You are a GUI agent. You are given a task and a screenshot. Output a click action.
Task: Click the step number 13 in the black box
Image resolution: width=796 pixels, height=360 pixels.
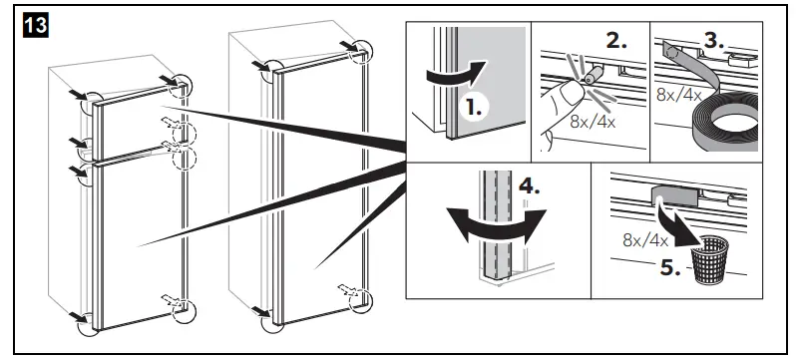pos(35,25)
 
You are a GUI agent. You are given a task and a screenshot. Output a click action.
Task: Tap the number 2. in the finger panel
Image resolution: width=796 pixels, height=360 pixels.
pos(615,41)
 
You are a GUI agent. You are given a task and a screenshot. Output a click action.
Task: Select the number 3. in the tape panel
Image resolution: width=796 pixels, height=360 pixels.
pos(713,40)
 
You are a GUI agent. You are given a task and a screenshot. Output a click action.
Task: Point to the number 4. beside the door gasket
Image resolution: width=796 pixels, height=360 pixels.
pos(529,187)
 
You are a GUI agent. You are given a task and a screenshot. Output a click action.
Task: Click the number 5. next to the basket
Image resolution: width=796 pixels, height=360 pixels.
pos(670,267)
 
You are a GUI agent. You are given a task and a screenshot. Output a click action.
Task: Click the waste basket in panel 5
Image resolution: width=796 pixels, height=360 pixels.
pos(710,259)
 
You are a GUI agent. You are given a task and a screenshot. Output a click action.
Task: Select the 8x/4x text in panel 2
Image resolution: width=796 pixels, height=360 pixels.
pos(593,123)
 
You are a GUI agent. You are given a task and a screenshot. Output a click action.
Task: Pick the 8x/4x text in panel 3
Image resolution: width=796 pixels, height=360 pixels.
pos(678,95)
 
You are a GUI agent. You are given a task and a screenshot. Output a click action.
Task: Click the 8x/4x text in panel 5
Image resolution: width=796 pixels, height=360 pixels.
pos(645,239)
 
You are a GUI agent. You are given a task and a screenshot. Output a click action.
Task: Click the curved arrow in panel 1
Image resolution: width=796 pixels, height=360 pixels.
pos(457,75)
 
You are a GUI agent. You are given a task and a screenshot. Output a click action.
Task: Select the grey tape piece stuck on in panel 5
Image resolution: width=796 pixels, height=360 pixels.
pos(674,194)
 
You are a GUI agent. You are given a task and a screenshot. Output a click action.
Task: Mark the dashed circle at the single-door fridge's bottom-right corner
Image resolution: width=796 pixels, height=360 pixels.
pos(360,299)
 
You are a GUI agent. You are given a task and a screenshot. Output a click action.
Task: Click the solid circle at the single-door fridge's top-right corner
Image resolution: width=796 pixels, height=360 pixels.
pos(362,52)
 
